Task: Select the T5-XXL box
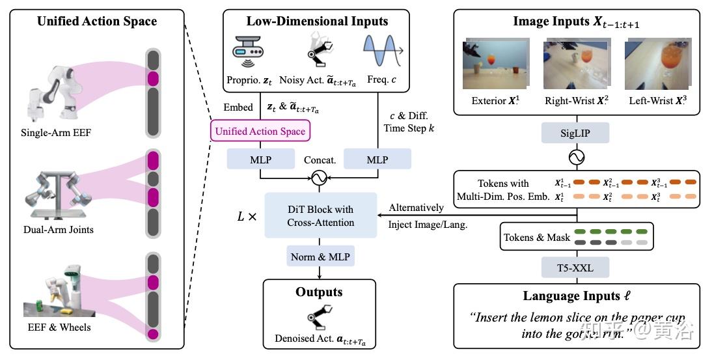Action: point(576,267)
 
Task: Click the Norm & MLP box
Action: point(320,257)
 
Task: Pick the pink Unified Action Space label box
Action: point(260,132)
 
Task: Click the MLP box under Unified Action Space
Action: point(260,159)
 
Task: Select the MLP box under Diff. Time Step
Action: point(377,159)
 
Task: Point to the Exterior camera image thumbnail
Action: point(489,65)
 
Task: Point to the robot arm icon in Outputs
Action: point(320,317)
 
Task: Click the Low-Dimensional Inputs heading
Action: point(317,21)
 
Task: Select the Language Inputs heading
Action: point(570,296)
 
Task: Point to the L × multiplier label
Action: point(247,214)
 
